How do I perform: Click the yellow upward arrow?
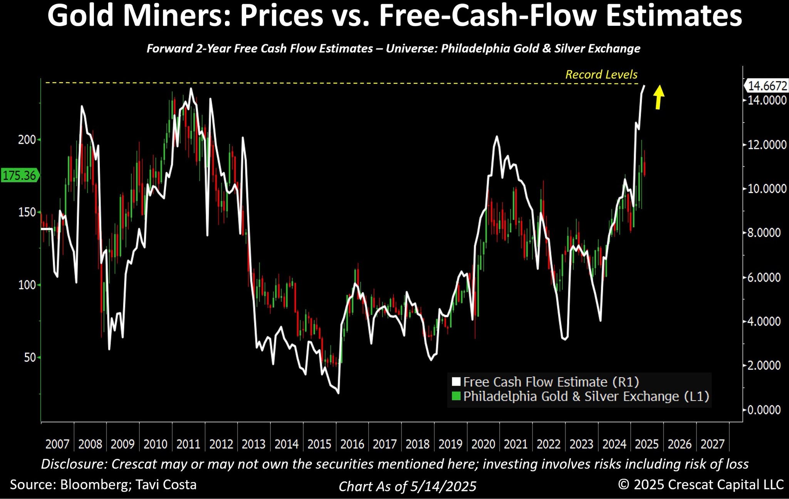point(659,97)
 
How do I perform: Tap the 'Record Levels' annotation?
point(601,74)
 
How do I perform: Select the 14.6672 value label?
point(767,86)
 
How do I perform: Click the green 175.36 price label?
point(19,176)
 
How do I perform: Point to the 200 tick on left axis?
point(27,139)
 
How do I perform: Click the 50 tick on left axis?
point(29,357)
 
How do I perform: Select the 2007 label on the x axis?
point(57,444)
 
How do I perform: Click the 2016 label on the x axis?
point(352,444)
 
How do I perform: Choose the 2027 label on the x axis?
point(712,444)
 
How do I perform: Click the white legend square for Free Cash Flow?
point(456,382)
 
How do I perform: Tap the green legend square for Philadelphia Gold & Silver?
point(456,396)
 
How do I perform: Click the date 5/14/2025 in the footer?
point(443,486)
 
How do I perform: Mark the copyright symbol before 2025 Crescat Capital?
point(624,484)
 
